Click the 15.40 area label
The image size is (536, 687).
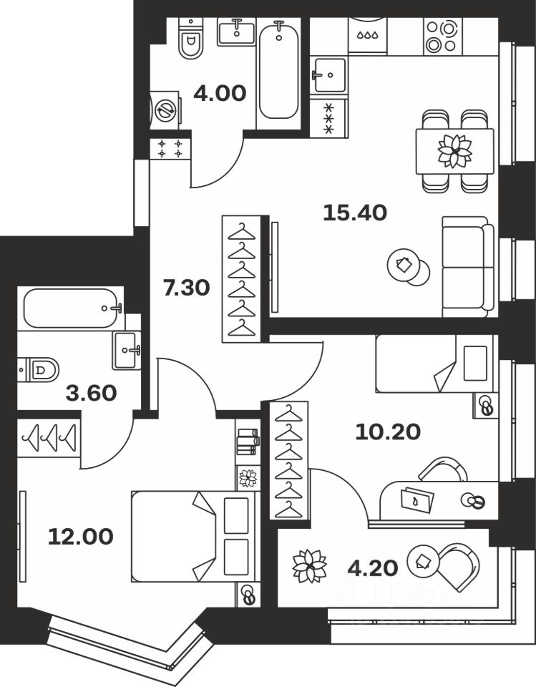coord(355,213)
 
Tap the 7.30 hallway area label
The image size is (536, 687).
coord(186,288)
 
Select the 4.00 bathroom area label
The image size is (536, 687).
coord(220,93)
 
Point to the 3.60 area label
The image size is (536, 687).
coord(91,393)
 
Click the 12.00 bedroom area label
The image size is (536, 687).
coord(80,536)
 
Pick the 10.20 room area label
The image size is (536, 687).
coord(387,431)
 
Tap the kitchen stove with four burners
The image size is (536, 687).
coord(442,36)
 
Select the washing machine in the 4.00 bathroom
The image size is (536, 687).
coord(165,110)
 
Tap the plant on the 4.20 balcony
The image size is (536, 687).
coord(310,565)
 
